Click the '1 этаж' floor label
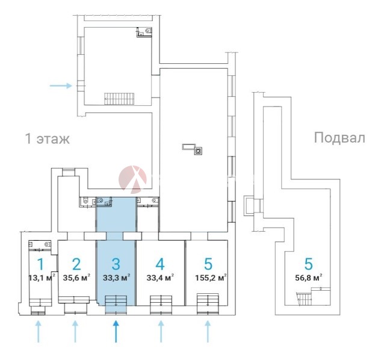48,139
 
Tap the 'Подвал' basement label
339,138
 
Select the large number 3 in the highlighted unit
116,264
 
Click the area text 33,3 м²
117,278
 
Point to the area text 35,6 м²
76,278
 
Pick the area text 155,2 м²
211,278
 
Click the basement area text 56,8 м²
309,278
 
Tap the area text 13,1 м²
42,278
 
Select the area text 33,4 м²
160,278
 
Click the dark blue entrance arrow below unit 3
116,331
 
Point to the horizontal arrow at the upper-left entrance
61,85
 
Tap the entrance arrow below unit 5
208,331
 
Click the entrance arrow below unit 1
38,331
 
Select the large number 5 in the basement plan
309,264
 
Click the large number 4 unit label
160,264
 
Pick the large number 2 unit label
76,264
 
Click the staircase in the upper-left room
119,99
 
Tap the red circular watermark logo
132,179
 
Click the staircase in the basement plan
305,299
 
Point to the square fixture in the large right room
199,151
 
